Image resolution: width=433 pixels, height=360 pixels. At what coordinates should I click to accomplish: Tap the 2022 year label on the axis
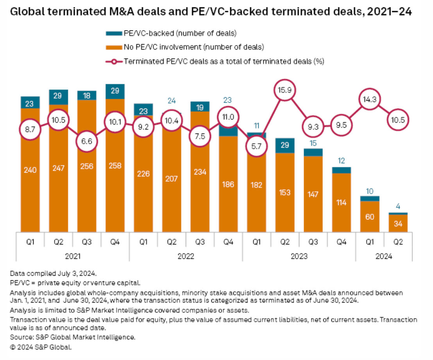coord(186,257)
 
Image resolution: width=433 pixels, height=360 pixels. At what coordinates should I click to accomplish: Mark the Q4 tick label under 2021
coord(115,242)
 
